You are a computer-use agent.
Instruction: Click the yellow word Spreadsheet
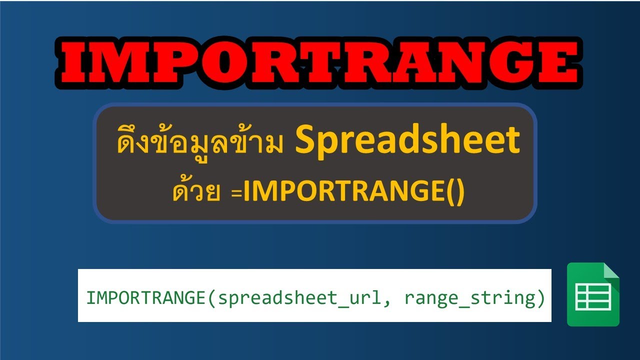click(407, 141)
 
